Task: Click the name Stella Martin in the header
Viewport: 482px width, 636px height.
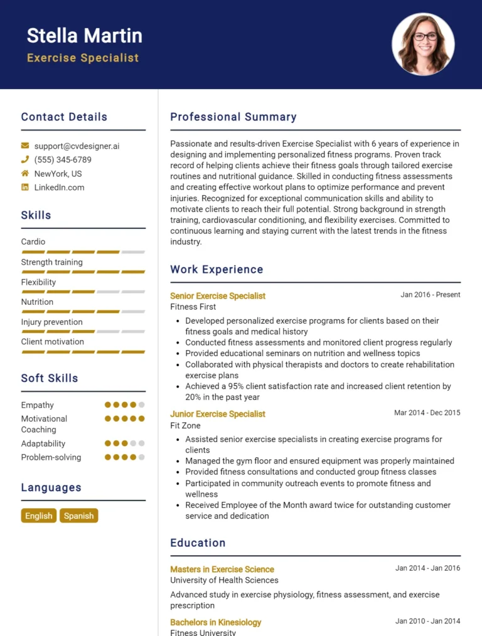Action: (x=85, y=36)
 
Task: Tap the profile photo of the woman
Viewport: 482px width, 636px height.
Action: (x=423, y=45)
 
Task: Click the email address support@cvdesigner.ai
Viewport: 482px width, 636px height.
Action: (x=77, y=146)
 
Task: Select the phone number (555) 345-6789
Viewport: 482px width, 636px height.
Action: (x=63, y=160)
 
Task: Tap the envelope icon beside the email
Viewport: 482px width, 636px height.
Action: (x=25, y=146)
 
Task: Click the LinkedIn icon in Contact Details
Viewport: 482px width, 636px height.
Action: (x=25, y=188)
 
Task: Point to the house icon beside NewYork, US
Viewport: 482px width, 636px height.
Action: (x=25, y=174)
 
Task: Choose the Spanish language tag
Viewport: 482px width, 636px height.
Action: (x=79, y=516)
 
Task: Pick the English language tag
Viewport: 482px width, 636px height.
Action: (x=39, y=516)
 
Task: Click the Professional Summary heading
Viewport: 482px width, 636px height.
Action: (x=233, y=117)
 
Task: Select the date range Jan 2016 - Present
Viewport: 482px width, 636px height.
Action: (x=431, y=295)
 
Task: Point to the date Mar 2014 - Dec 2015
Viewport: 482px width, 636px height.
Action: (x=427, y=413)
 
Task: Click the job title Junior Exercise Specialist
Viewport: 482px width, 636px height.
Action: (x=218, y=414)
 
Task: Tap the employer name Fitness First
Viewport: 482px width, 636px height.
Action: (x=193, y=307)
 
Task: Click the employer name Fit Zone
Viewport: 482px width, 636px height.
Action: (x=186, y=425)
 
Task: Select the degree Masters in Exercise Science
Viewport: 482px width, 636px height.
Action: (x=222, y=570)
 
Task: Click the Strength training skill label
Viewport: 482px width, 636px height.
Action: (x=52, y=262)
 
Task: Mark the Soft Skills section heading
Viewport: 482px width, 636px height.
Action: (x=50, y=378)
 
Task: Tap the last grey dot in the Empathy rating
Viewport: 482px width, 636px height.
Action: (x=142, y=405)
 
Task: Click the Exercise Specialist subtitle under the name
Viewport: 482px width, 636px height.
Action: (x=83, y=58)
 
